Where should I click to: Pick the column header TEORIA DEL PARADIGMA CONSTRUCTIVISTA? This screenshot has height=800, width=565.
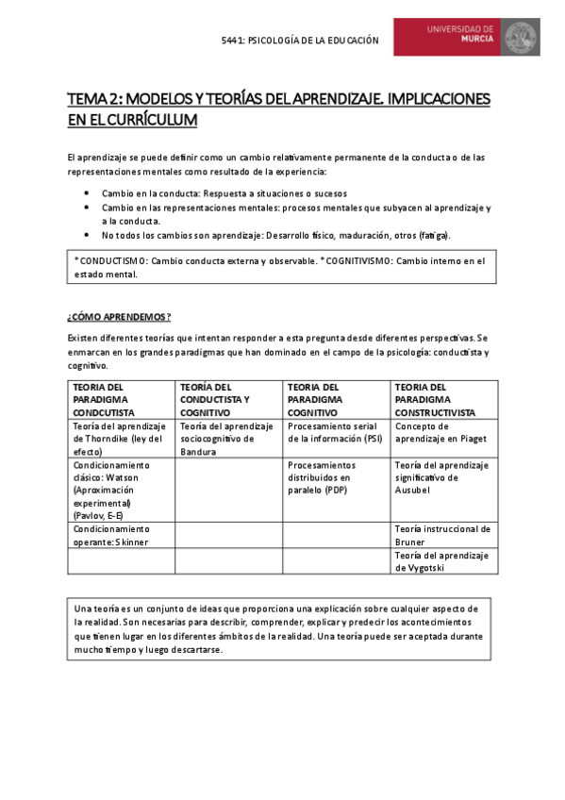point(443,399)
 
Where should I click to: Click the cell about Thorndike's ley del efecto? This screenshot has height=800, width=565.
point(121,439)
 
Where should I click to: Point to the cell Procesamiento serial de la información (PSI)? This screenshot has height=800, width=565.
point(336,432)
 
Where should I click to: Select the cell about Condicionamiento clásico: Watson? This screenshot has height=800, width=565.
point(121,490)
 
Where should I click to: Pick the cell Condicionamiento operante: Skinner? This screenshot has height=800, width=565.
point(121,535)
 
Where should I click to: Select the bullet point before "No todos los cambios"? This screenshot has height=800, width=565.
point(87,234)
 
